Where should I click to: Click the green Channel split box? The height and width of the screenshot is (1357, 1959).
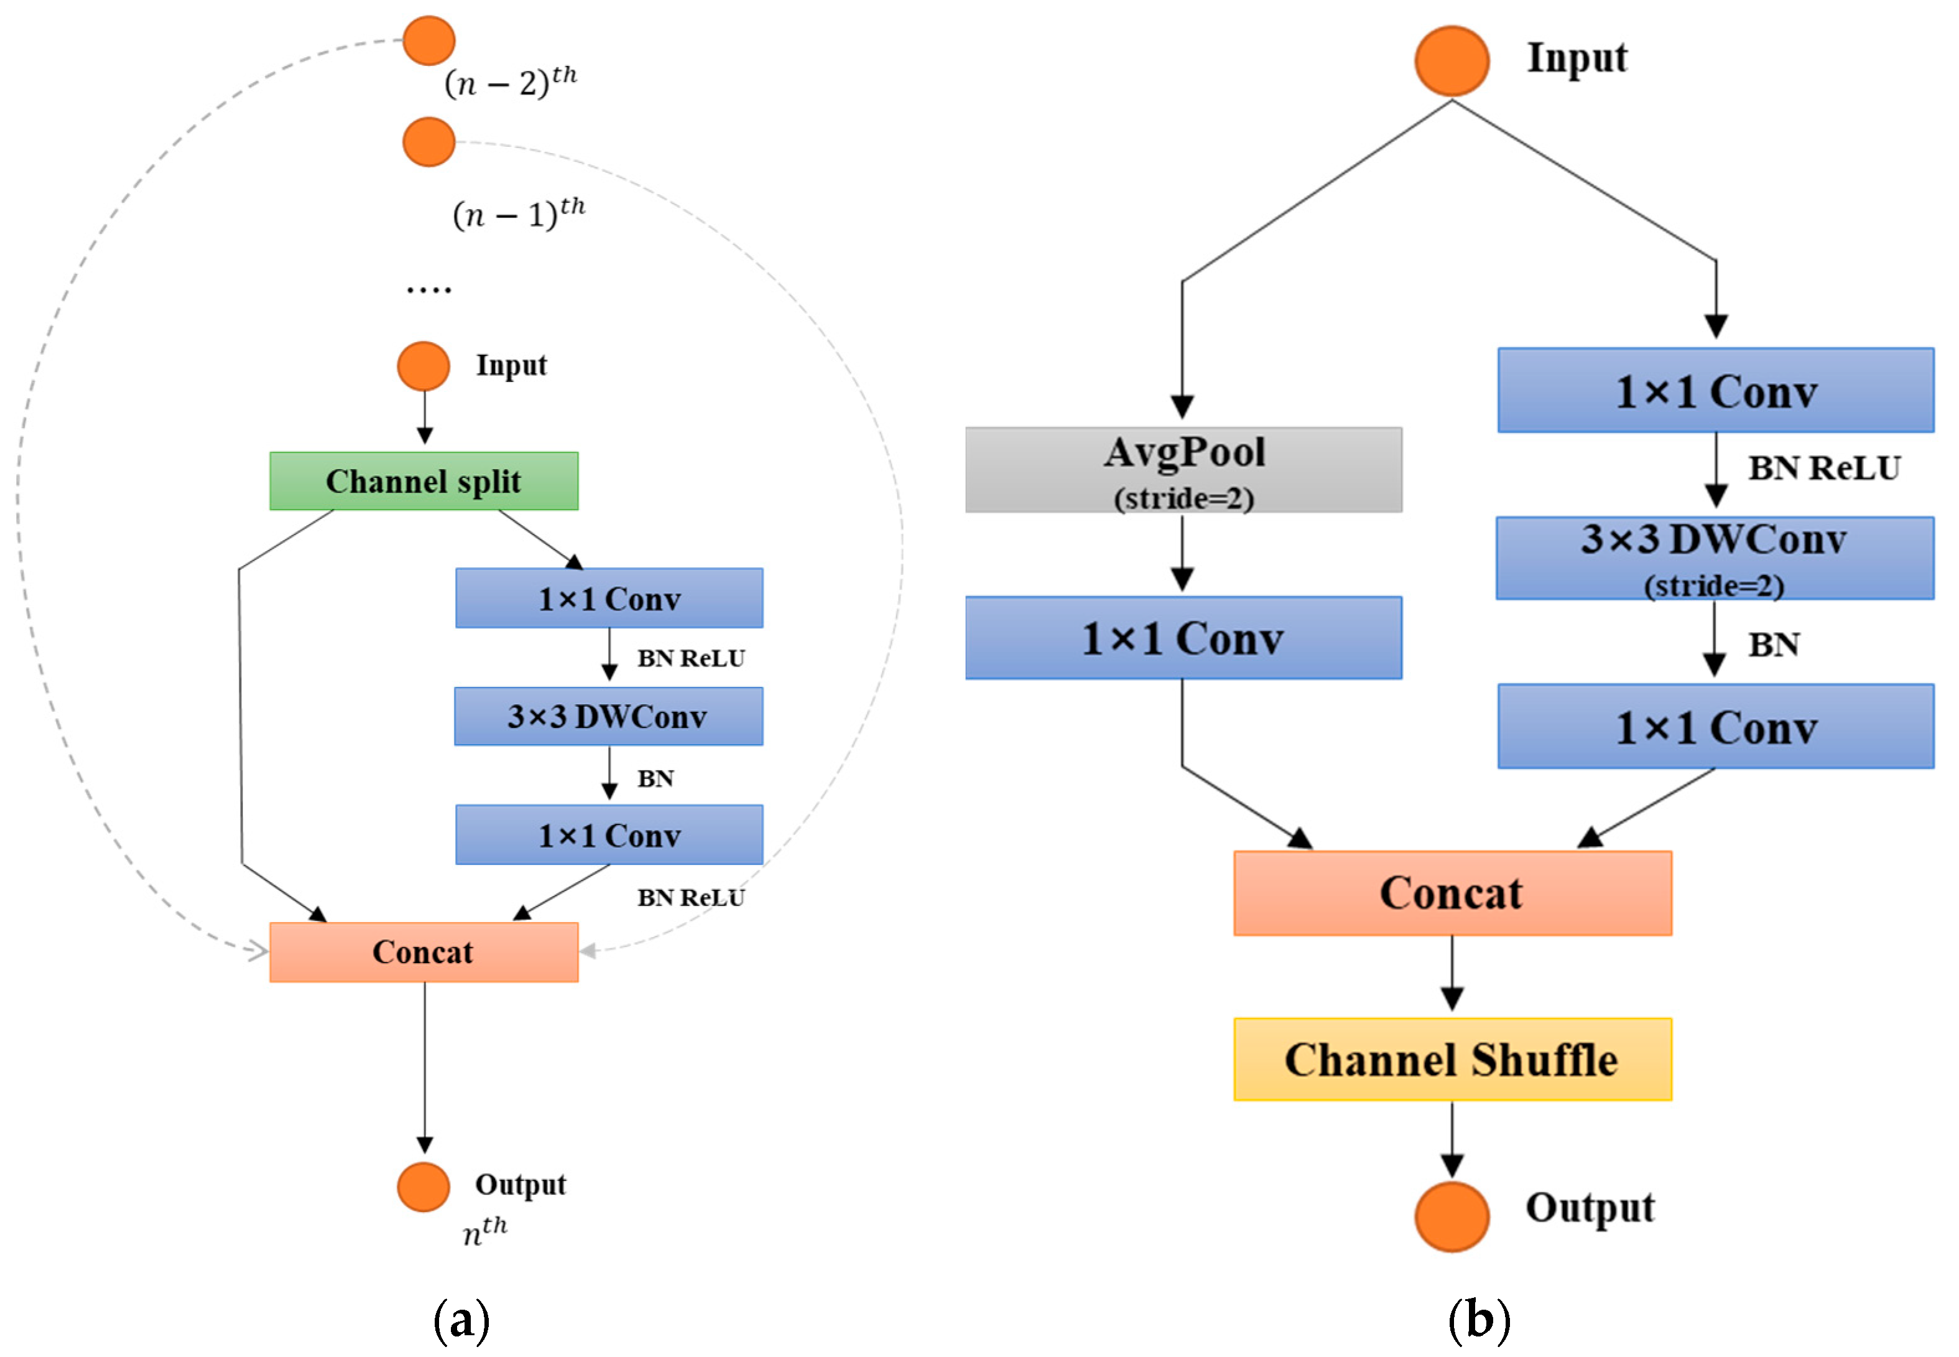click(424, 481)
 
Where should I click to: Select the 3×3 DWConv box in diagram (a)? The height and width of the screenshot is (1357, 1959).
click(608, 717)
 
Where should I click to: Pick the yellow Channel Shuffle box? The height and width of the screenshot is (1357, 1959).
click(1452, 1060)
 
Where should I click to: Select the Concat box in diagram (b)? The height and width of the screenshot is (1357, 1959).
click(1452, 893)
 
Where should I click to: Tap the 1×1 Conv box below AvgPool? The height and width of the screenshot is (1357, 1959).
click(1183, 638)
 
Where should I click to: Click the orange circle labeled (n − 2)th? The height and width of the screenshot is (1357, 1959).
click(428, 40)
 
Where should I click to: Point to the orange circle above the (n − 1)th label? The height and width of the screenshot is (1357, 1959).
click(428, 142)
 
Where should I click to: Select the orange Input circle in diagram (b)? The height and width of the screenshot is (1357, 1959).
click(1452, 60)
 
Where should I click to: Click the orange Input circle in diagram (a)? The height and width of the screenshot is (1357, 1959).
click(424, 366)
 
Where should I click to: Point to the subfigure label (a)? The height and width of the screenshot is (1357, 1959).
click(461, 1320)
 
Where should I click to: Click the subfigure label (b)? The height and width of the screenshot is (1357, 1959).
click(1479, 1320)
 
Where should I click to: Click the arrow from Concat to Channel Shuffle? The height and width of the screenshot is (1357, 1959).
click(1452, 974)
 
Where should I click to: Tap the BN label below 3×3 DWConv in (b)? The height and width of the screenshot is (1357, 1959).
click(1774, 645)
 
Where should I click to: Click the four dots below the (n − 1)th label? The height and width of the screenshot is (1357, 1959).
click(428, 290)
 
